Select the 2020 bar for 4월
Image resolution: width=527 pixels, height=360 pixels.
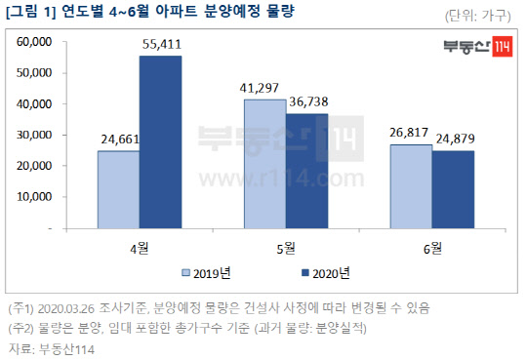(160, 141)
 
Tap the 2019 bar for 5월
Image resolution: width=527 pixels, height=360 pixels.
(264, 163)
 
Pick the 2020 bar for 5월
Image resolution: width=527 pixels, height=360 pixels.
(305, 171)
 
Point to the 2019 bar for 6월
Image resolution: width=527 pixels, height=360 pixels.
(411, 185)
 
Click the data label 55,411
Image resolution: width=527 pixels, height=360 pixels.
(160, 47)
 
